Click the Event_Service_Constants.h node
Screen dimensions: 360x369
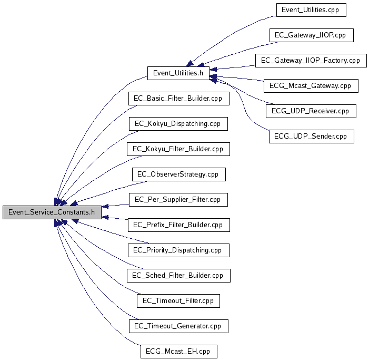coord(52,212)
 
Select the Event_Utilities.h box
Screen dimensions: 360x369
coord(178,73)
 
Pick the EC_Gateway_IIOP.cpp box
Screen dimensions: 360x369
coord(311,35)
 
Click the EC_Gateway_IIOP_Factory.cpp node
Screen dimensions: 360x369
coord(311,61)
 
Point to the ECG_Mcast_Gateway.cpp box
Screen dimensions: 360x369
coord(311,86)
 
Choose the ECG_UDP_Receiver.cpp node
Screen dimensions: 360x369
coord(311,111)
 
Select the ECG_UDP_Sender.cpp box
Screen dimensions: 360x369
coord(311,137)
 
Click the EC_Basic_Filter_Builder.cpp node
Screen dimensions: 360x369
coord(178,99)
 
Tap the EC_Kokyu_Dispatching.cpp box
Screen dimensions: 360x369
coord(178,124)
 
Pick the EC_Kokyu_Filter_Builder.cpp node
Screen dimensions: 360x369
coord(178,149)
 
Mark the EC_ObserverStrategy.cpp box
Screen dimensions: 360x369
coord(178,174)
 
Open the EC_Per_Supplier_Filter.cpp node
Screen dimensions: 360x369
coord(178,200)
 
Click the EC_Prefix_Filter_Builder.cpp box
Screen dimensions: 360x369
coord(178,225)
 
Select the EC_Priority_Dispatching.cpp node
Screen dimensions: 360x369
coord(178,250)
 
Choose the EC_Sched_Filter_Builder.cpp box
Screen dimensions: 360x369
coord(178,276)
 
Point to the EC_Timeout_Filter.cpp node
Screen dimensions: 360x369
coord(178,301)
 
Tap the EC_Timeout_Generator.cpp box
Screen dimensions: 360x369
coord(178,326)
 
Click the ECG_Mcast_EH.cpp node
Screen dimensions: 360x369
coord(178,352)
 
